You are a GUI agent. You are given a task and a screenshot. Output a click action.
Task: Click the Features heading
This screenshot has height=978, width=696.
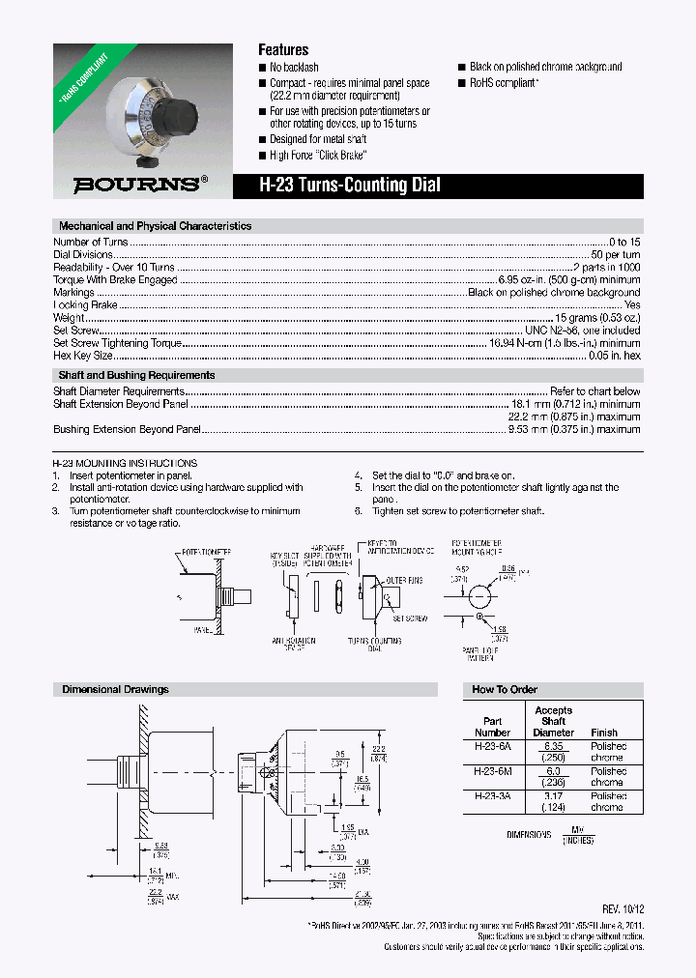coord(283,49)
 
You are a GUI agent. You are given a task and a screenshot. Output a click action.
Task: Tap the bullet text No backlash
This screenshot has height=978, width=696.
coord(294,68)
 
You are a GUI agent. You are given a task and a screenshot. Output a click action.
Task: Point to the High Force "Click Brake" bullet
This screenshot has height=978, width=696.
coord(318,155)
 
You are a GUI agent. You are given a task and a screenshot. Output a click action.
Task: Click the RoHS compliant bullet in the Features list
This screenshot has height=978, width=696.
coord(503,83)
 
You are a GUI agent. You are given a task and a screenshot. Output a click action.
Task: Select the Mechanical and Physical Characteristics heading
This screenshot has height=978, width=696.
coord(155,226)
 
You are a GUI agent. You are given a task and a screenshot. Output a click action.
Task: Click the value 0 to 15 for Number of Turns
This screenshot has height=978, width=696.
coord(624,242)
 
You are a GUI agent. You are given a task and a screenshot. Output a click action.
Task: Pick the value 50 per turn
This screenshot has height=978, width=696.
coord(617,254)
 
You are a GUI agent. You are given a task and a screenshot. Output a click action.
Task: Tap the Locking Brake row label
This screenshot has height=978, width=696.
coord(85,304)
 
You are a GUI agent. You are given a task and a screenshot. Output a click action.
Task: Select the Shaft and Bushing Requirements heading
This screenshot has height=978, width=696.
coord(136,375)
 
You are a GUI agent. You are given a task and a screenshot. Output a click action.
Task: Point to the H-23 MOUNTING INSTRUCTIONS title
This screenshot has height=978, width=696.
coord(125,463)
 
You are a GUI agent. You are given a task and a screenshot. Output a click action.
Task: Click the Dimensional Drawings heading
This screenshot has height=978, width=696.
coord(115,690)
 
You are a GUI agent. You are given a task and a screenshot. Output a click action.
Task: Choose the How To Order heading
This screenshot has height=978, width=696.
coord(505,690)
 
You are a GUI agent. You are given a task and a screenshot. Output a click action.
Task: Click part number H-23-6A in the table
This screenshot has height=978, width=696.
coord(492,746)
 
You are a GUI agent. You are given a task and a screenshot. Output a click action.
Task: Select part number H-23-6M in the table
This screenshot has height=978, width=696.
coord(492,771)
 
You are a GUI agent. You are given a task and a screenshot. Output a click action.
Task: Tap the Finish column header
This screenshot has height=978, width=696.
coord(604,733)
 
